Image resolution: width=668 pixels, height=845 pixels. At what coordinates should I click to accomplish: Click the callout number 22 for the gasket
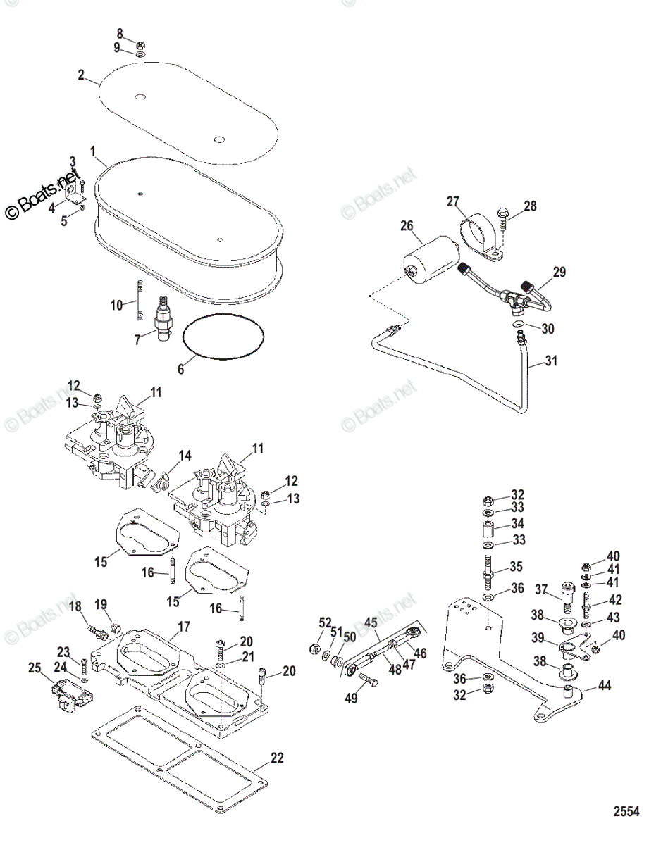coord(277,758)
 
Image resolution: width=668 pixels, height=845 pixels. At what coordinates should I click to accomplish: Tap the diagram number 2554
coord(625,812)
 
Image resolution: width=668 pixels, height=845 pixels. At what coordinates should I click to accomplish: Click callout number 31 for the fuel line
coord(551,363)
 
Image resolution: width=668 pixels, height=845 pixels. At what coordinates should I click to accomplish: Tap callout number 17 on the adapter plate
coord(183,625)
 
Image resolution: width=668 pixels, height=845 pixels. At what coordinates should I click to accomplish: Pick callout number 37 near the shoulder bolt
coord(541,589)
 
